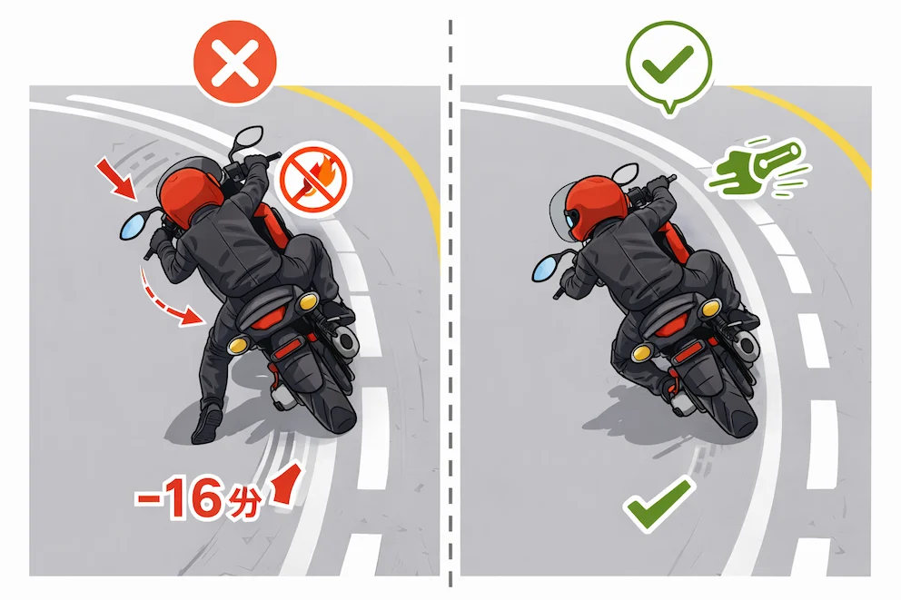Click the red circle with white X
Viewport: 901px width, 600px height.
[234, 62]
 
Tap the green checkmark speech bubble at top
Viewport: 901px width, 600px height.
[668, 64]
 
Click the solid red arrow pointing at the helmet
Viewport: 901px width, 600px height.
[116, 179]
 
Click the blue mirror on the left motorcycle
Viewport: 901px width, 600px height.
[134, 226]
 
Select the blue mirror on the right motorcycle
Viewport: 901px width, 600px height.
[547, 268]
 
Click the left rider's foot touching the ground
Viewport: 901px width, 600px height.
[206, 423]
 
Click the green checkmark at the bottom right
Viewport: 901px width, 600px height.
[658, 503]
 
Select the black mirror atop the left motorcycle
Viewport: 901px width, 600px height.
[248, 137]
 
